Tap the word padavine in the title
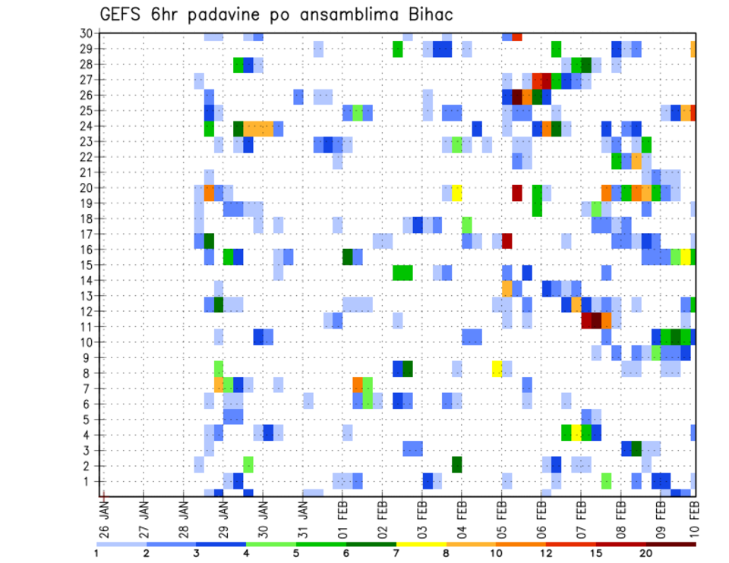(226, 16)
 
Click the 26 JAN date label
(105, 514)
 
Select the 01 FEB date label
(343, 514)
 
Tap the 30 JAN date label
(264, 514)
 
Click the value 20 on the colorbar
(646, 553)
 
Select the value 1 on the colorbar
(96, 553)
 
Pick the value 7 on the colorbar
(396, 553)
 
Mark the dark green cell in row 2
(457, 464)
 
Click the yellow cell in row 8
(497, 369)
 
